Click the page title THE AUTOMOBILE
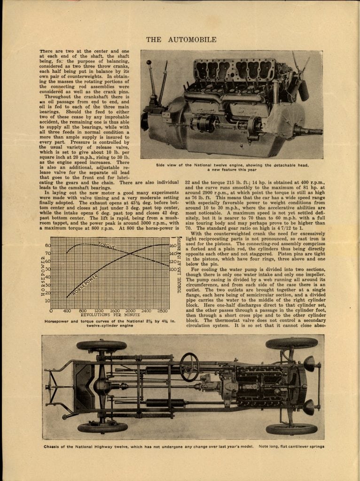click(x=181, y=39)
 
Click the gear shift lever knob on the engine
click(x=149, y=62)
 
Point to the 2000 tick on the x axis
click(x=131, y=311)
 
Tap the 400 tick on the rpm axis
click(x=67, y=311)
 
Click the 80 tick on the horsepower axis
click(x=47, y=245)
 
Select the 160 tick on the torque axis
click(x=172, y=245)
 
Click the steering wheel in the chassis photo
click(x=189, y=367)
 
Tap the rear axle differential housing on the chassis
click(x=102, y=386)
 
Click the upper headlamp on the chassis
click(x=309, y=363)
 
